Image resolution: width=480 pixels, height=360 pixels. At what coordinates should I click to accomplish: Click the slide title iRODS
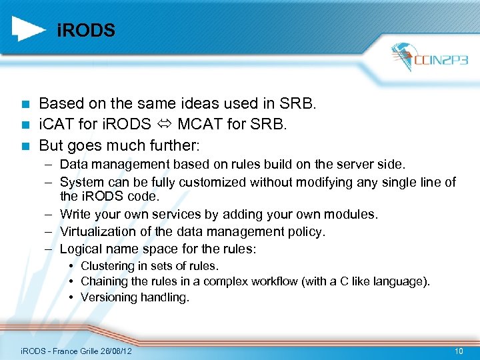tap(86, 31)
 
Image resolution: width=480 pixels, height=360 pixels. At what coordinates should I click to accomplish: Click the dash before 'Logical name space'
tap(50, 249)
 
